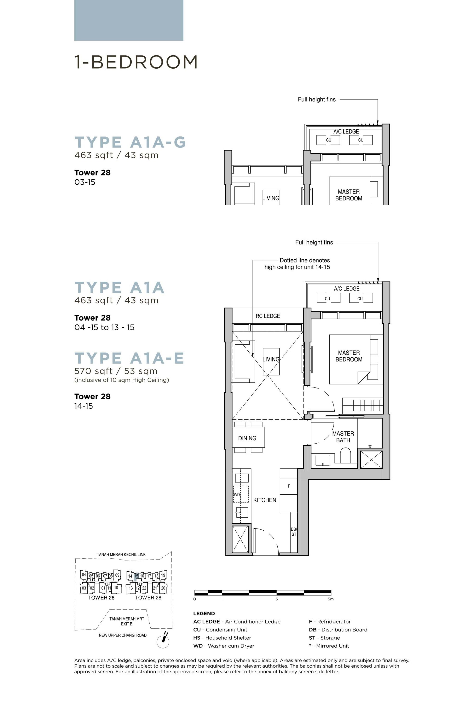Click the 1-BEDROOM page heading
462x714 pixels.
coord(136,62)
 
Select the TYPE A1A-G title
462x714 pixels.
coord(130,142)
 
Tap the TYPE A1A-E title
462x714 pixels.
coord(129,358)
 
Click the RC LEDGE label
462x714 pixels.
coord(268,316)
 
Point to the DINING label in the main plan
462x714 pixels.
coord(247,438)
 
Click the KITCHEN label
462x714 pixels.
coord(265,500)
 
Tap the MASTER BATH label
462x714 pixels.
coord(343,437)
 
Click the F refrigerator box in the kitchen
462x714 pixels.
coord(289,486)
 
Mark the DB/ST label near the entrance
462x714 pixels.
coord(294,532)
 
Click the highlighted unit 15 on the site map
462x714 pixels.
coord(136,576)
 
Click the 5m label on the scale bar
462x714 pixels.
coord(330,599)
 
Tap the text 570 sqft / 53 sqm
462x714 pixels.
coord(116,371)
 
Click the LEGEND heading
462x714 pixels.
coord(204,613)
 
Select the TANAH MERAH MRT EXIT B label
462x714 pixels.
coord(127,621)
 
